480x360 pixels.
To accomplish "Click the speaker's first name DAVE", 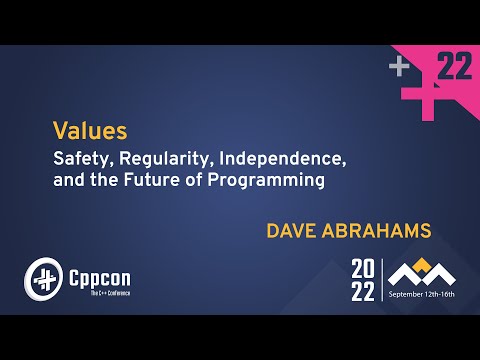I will [x=292, y=231].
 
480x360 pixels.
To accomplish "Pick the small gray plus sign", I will [x=399, y=67].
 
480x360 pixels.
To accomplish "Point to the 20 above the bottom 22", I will [x=363, y=269].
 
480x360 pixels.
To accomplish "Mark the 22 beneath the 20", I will [x=363, y=291].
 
